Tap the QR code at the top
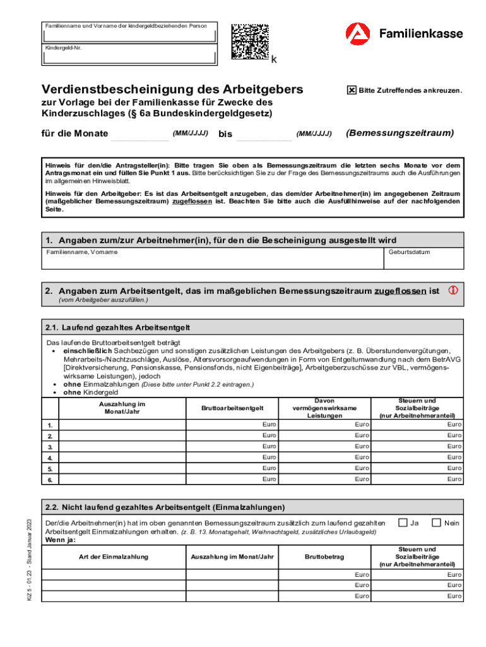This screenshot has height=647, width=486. click(x=249, y=42)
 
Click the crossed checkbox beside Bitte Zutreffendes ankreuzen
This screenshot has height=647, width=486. click(x=352, y=90)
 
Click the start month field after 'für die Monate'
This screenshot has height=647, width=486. click(x=140, y=134)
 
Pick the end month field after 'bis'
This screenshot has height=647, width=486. click(x=263, y=134)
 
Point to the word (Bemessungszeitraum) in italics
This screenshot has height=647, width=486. click(x=400, y=133)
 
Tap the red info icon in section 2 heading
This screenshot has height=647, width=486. click(x=453, y=291)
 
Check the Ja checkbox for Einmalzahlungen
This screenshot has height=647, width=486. click(x=402, y=522)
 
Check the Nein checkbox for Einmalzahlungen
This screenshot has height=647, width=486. click(x=436, y=522)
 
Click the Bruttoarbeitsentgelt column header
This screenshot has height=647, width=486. click(x=232, y=408)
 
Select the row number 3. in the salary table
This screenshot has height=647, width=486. click(x=50, y=447)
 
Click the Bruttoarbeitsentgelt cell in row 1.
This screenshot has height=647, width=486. click(x=232, y=425)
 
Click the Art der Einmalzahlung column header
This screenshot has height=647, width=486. click(x=114, y=557)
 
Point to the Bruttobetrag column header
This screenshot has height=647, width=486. click(x=324, y=557)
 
